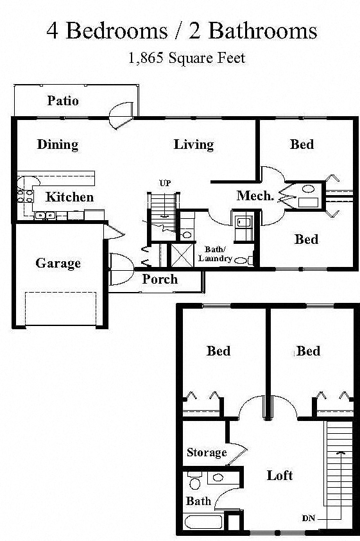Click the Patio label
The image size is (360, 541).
coord(63,101)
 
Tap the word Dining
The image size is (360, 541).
coord(57,144)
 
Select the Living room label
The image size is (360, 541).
coord(193,144)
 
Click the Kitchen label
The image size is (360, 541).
coord(69,197)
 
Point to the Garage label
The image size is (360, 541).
coord(58,263)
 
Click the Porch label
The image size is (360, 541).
coord(160,279)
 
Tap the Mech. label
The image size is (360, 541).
coord(255,196)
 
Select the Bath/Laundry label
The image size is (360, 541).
coord(214,253)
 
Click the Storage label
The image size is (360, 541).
coord(207,452)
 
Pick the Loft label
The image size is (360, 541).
coord(280,475)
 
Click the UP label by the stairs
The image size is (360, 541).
coord(165,184)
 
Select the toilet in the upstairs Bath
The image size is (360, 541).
coord(194,481)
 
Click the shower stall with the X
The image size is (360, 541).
coord(181,255)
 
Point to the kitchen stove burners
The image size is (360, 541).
coord(25,193)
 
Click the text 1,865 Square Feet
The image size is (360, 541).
coord(187,58)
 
